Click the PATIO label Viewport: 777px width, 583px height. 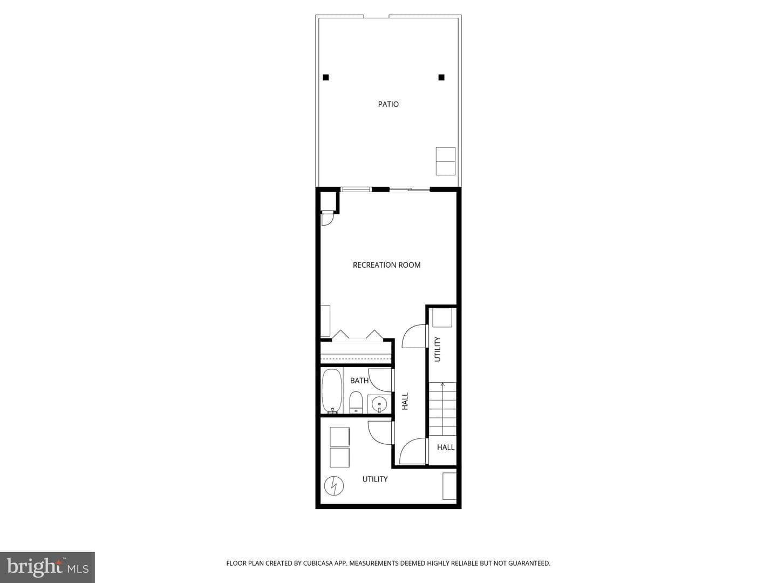[x=388, y=104]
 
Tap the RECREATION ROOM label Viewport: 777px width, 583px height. [x=386, y=265]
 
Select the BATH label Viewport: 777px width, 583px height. [x=359, y=381]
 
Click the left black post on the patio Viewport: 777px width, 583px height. [x=326, y=77]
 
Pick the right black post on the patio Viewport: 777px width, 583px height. [x=441, y=77]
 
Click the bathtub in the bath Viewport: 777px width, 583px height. [x=332, y=391]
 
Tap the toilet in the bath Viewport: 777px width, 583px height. [x=356, y=402]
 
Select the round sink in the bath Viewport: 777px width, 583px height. [x=379, y=404]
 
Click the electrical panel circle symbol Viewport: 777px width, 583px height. [x=334, y=486]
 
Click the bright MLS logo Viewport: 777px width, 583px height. [x=47, y=567]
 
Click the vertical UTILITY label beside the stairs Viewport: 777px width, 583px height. [x=438, y=349]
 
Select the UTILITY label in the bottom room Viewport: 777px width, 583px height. [x=375, y=479]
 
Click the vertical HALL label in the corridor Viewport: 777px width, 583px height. [x=405, y=401]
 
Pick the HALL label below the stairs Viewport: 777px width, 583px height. [x=446, y=448]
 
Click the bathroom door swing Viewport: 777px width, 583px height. [x=381, y=380]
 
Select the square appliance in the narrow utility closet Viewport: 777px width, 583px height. [x=442, y=317]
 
